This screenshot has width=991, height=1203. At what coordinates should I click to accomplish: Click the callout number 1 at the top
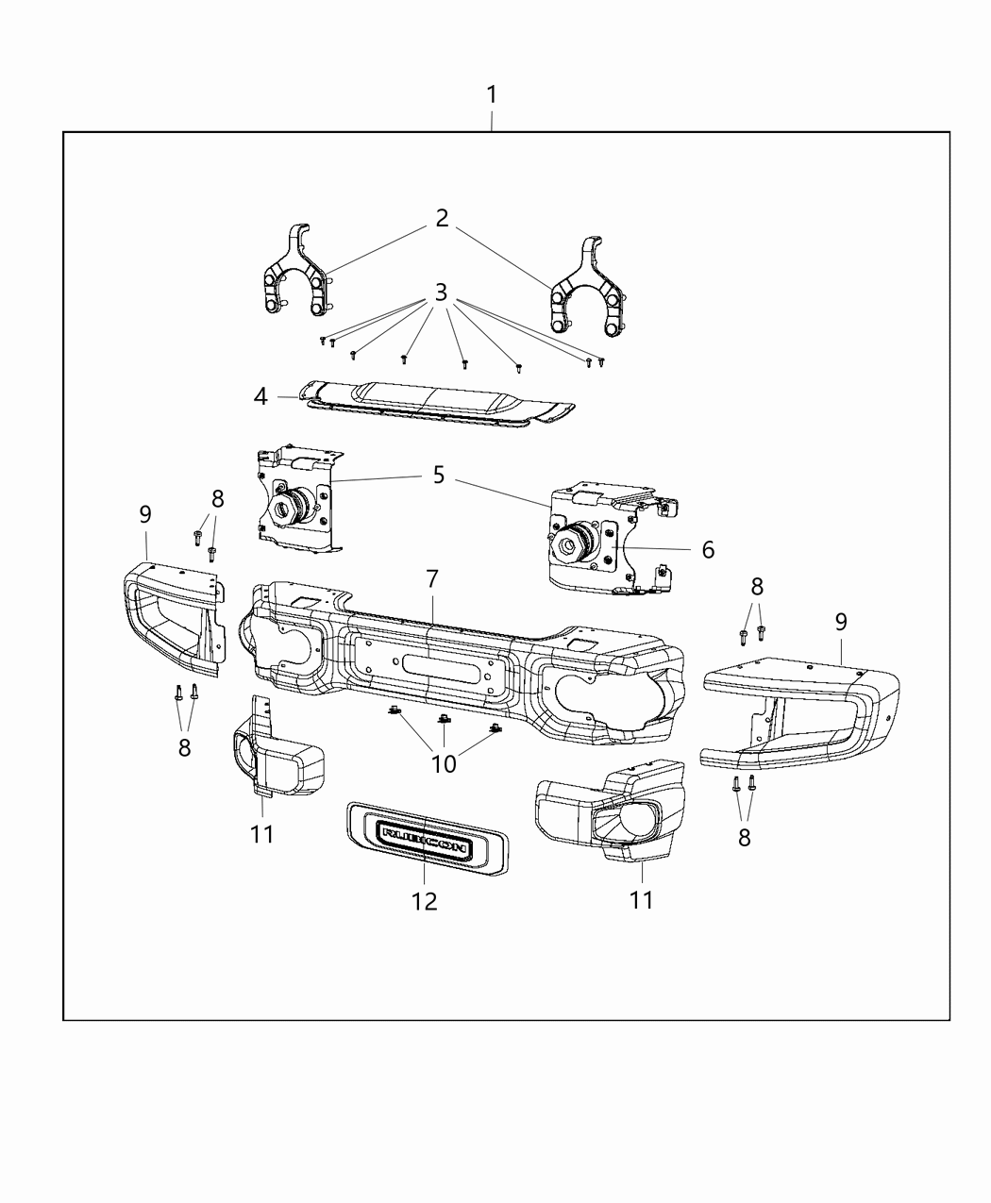[491, 95]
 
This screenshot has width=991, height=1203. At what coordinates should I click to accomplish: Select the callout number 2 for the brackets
[442, 219]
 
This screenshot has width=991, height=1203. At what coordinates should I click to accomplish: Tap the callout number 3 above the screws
[441, 292]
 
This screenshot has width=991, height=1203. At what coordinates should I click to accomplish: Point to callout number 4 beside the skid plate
[260, 396]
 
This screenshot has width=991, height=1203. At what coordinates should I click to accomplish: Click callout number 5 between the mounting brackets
[439, 475]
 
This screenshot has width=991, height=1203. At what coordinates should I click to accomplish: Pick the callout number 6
[708, 549]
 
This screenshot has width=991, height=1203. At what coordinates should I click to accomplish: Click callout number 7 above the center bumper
[431, 578]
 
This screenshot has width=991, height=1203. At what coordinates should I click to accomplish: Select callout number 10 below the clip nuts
[444, 763]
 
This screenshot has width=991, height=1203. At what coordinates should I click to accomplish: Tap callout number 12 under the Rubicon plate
[425, 901]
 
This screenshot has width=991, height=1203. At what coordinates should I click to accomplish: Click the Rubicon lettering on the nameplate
[424, 835]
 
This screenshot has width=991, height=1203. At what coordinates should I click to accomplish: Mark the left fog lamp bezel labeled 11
[274, 764]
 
